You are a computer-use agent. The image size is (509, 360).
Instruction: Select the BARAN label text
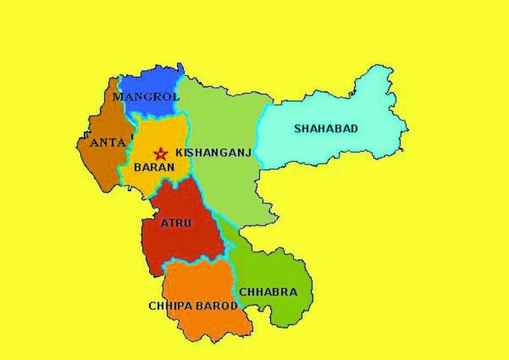pyautogui.click(x=151, y=170)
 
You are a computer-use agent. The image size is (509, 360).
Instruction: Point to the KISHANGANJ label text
pyautogui.click(x=214, y=153)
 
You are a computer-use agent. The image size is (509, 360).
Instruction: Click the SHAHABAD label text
pyautogui.click(x=326, y=128)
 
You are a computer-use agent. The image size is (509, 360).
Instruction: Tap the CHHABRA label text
pyautogui.click(x=268, y=293)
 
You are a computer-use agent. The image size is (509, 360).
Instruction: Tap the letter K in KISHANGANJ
pyautogui.click(x=179, y=153)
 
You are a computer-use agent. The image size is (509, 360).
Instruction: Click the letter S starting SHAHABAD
pyautogui.click(x=296, y=128)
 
